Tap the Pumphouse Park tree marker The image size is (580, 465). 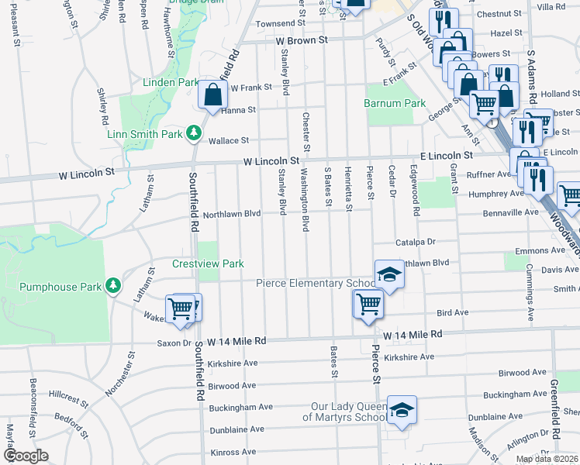[x=112, y=287]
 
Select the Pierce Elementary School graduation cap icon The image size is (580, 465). [x=389, y=274]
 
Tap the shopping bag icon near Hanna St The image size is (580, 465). [x=212, y=95]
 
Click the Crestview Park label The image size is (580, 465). [x=208, y=264]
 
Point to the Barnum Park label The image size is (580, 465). [x=395, y=103]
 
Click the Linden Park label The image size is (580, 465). [x=166, y=82]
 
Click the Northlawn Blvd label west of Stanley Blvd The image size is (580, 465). [x=231, y=214]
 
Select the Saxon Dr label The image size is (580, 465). [x=174, y=343]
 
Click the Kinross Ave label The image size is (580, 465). [x=233, y=452]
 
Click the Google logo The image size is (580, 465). [x=26, y=456]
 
